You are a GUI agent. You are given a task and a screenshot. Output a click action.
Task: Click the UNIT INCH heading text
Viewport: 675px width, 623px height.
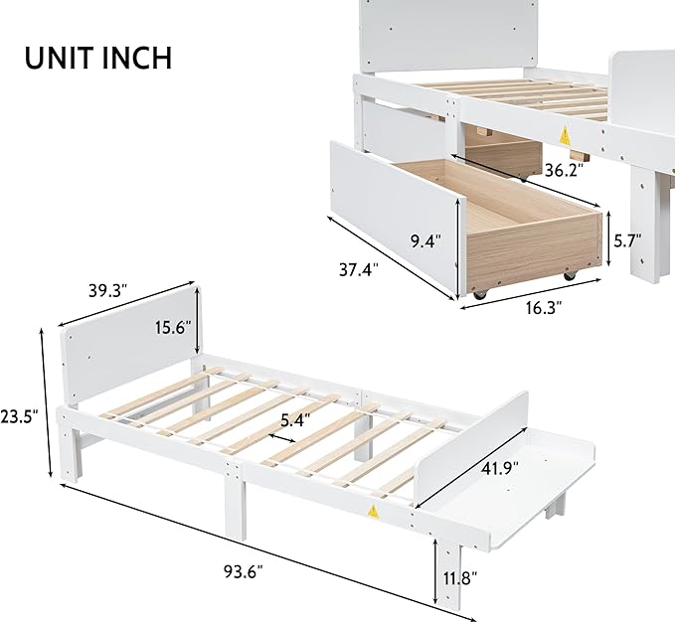pos(98,58)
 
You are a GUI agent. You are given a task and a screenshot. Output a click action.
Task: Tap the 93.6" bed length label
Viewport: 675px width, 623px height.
pos(244,571)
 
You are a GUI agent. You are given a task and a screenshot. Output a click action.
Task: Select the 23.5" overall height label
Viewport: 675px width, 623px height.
pos(19,416)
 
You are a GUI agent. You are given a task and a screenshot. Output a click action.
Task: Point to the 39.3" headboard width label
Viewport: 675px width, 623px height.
pos(108,290)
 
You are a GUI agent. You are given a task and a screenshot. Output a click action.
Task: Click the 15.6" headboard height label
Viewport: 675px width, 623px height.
pos(173,328)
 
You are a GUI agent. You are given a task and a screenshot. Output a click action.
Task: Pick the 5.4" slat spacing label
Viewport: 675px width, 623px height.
pos(295,420)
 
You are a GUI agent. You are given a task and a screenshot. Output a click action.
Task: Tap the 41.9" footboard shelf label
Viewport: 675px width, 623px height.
pos(499,468)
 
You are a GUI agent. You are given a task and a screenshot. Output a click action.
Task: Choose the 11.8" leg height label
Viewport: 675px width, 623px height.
pos(460,578)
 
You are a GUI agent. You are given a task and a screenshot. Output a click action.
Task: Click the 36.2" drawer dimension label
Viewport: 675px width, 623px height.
pos(564,170)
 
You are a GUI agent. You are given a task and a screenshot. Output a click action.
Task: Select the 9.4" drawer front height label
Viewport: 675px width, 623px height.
pos(425,241)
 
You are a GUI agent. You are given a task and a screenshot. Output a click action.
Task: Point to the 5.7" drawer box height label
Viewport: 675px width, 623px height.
pos(627,240)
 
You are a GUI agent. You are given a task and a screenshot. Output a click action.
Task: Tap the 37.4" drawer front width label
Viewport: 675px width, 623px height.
pos(359,270)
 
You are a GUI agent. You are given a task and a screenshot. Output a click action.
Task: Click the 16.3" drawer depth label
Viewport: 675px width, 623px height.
pos(544,308)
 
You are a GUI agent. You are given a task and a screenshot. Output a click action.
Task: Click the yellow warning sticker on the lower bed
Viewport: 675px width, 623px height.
pos(372,511)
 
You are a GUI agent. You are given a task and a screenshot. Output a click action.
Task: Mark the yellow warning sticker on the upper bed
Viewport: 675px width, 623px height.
pos(565,136)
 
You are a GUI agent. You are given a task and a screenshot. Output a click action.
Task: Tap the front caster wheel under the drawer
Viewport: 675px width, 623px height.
pos(479,295)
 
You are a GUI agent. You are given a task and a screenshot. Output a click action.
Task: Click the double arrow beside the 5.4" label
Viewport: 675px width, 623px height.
pos(283,438)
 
